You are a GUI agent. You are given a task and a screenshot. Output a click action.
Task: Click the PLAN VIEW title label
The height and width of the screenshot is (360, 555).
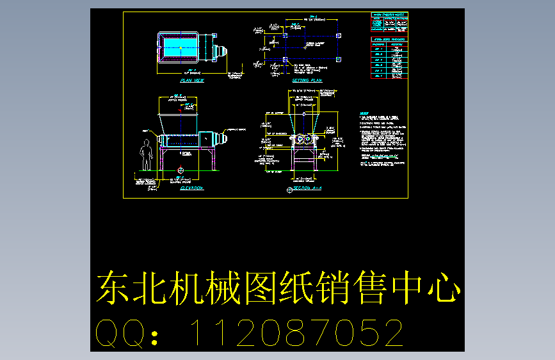click(192, 81)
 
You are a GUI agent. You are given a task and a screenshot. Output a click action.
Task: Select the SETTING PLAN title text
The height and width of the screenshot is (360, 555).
click(307, 81)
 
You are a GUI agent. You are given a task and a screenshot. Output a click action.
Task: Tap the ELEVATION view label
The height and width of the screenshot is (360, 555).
click(191, 188)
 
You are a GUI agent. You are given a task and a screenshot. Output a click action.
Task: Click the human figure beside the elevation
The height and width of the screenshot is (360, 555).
click(146, 156)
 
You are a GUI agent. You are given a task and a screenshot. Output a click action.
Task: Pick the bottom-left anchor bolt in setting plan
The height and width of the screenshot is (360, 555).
click(284, 60)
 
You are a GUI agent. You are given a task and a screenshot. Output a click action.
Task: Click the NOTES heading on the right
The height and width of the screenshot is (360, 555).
click(364, 114)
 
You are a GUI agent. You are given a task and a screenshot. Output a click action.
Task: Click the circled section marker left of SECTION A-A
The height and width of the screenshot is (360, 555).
click(290, 190)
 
